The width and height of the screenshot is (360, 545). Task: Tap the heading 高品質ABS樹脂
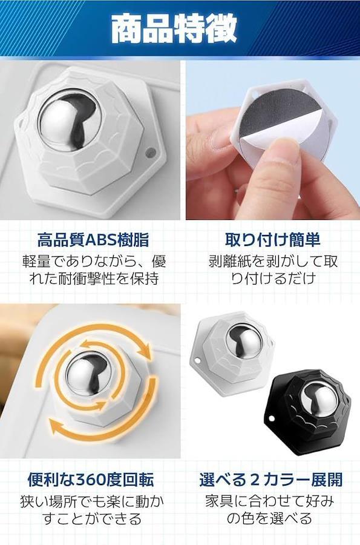tap(93, 240)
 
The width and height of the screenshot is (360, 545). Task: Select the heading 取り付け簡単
tap(272, 240)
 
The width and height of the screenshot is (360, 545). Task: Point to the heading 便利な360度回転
tap(91, 480)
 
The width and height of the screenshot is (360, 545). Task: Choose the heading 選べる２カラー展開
tap(271, 480)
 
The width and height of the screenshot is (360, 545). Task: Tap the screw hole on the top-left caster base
tap(151, 152)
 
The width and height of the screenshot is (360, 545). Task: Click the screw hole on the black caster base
tap(271, 417)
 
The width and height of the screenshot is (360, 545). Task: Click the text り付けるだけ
tap(273, 279)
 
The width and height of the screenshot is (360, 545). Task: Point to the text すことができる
tap(92, 518)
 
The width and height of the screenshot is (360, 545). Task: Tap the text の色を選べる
tap(269, 518)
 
